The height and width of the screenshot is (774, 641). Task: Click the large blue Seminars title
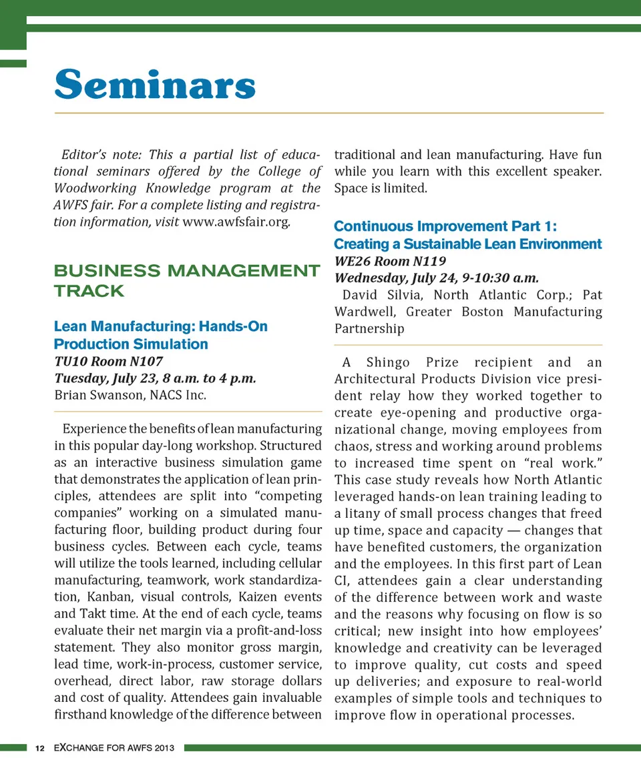155,85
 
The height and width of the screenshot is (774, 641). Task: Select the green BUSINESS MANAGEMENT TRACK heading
186,280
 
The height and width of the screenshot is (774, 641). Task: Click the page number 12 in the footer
40,748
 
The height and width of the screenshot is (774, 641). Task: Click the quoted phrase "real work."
562,463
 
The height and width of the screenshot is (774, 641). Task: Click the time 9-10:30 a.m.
497,278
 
